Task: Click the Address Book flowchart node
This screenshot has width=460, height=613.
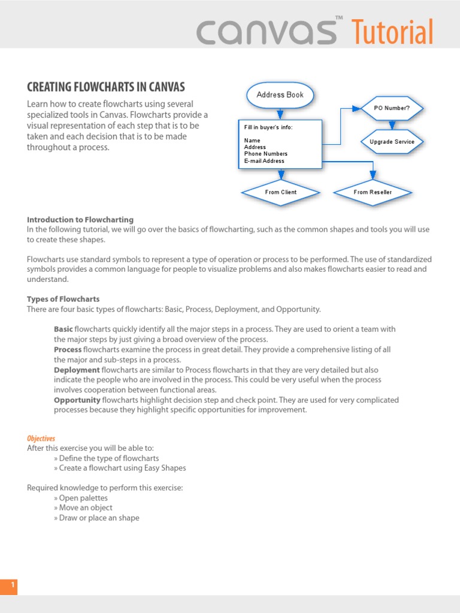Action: pos(280,95)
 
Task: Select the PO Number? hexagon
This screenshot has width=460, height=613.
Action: pos(392,108)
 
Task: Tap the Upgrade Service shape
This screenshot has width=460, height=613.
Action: pos(392,142)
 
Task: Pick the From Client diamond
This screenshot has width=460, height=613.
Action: pos(280,192)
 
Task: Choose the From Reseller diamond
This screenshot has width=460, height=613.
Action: pos(373,192)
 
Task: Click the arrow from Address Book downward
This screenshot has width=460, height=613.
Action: pos(280,114)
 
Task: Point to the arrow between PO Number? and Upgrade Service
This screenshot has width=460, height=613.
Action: pos(392,125)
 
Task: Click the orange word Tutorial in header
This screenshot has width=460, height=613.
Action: pos(392,31)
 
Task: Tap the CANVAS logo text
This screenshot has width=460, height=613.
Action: pos(267,32)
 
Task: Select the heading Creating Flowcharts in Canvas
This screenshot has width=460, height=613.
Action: pos(106,87)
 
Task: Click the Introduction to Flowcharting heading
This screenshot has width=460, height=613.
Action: pos(80,220)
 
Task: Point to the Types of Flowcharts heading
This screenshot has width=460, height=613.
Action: pos(63,299)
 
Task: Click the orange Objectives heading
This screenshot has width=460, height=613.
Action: pos(41,439)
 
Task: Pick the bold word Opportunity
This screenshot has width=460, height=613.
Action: pos(77,400)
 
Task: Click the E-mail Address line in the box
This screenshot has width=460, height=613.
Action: pos(264,161)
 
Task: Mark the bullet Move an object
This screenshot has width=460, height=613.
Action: pos(86,508)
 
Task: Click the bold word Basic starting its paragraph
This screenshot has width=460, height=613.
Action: pos(63,329)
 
